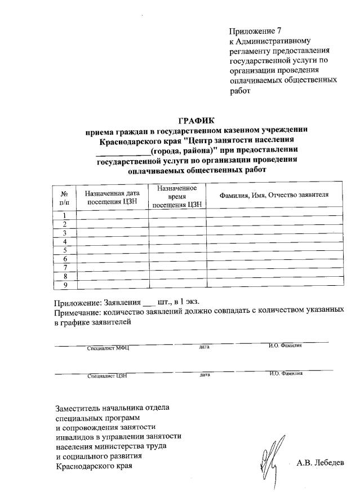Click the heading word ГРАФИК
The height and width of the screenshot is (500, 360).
click(197, 120)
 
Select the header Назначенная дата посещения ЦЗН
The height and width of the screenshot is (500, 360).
click(112, 196)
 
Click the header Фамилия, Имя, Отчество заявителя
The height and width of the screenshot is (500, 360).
click(274, 195)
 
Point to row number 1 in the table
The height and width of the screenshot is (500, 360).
click(65, 215)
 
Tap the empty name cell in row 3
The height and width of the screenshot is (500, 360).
click(274, 232)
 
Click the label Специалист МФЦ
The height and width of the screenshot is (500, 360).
click(108, 348)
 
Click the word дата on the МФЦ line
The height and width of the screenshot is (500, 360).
click(204, 347)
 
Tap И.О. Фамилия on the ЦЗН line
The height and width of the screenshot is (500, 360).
click(286, 373)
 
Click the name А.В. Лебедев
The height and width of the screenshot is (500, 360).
click(319, 463)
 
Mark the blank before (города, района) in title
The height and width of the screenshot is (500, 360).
click(123, 151)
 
